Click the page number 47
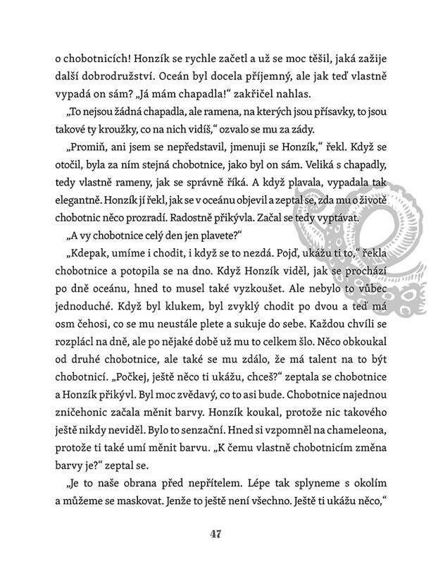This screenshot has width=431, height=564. pyautogui.click(x=216, y=533)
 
